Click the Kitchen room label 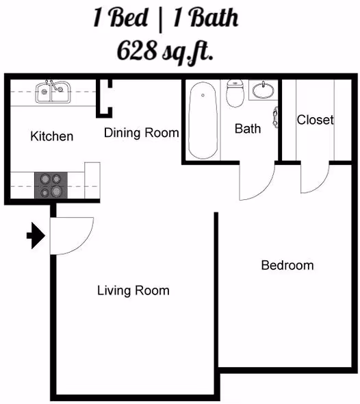[x=52, y=136]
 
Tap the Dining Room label [x=142, y=133]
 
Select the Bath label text [x=248, y=129]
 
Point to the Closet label [x=316, y=120]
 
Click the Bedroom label [x=287, y=266]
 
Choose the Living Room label [x=133, y=290]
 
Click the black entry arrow [x=36, y=236]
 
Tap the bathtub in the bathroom [x=203, y=121]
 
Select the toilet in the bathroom [x=235, y=94]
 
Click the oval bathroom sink [x=263, y=90]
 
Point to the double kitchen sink [x=53, y=92]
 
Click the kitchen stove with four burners [x=51, y=186]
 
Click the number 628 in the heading [x=136, y=50]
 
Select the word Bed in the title [x=129, y=18]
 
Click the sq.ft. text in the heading [x=188, y=51]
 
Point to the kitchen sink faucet [x=53, y=85]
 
